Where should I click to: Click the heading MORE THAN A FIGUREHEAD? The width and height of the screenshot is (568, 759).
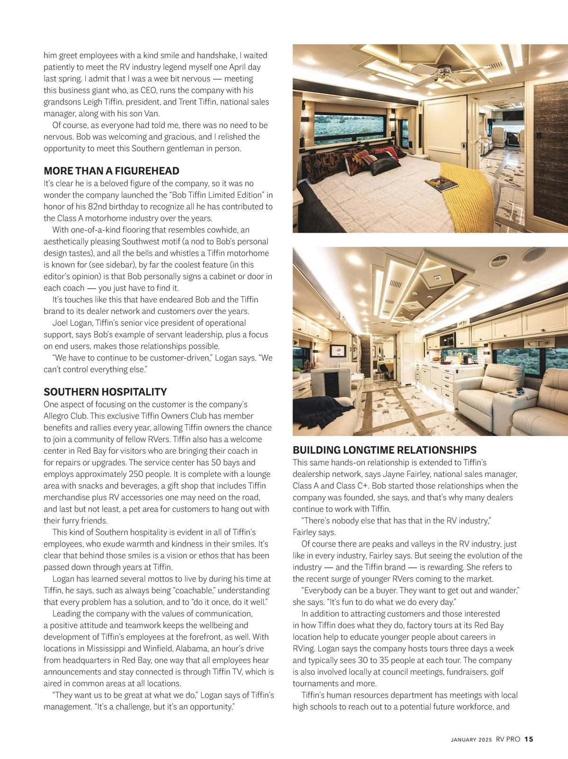tap(111, 171)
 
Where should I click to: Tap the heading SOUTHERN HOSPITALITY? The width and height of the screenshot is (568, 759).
tap(105, 392)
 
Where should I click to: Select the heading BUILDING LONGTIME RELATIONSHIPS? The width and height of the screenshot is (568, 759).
tap(384, 450)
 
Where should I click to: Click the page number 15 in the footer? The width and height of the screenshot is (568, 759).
tap(529, 739)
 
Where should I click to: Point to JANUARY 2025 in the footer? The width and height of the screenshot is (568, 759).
tap(471, 740)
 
